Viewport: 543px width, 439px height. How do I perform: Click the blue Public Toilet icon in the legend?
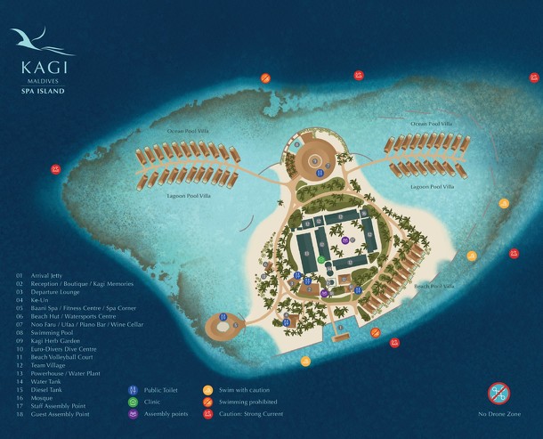click(134, 390)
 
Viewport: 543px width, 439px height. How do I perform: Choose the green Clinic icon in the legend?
click(134, 402)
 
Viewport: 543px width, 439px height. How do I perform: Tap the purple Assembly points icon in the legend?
click(134, 414)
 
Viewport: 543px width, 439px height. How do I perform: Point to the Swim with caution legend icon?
click(207, 390)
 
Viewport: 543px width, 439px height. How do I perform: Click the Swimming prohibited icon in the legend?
click(207, 402)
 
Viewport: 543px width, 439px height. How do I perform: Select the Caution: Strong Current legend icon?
click(207, 414)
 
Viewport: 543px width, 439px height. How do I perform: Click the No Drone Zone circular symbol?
click(498, 393)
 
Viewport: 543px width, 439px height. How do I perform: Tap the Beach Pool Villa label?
click(434, 287)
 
